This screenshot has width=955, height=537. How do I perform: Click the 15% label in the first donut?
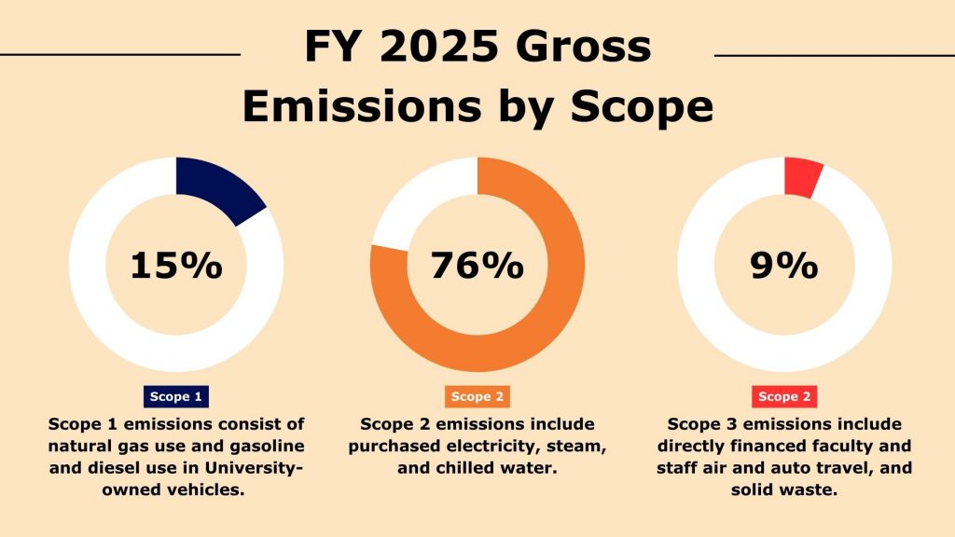pos(175,266)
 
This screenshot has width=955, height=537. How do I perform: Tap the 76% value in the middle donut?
pos(477,266)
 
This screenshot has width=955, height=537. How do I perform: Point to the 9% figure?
pos(783,266)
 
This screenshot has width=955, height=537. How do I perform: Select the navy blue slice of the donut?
pos(215,187)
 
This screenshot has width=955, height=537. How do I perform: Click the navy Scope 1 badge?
pos(176,396)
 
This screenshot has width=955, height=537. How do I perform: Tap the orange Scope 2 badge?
pos(477,396)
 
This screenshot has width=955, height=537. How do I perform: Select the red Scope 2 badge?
pos(783,396)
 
